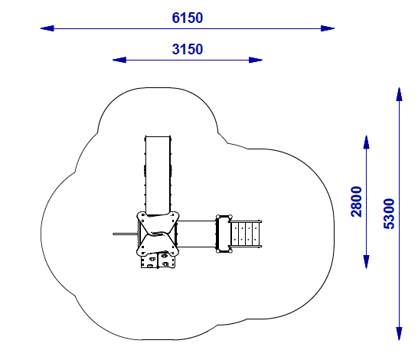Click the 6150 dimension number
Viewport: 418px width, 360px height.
[x=188, y=18]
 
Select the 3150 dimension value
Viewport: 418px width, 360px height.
[x=188, y=49]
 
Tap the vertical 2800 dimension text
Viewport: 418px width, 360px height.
[x=357, y=201]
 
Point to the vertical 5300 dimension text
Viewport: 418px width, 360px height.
[x=389, y=214]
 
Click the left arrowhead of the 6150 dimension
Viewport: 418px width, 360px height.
[x=47, y=28]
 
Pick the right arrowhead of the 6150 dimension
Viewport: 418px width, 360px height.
[x=328, y=28]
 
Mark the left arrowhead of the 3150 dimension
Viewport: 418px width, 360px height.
[x=119, y=60]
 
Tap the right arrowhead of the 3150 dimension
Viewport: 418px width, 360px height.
[x=256, y=60]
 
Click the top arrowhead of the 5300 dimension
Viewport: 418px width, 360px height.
[x=399, y=94]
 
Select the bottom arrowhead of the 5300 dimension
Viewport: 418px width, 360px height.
[x=399, y=334]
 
